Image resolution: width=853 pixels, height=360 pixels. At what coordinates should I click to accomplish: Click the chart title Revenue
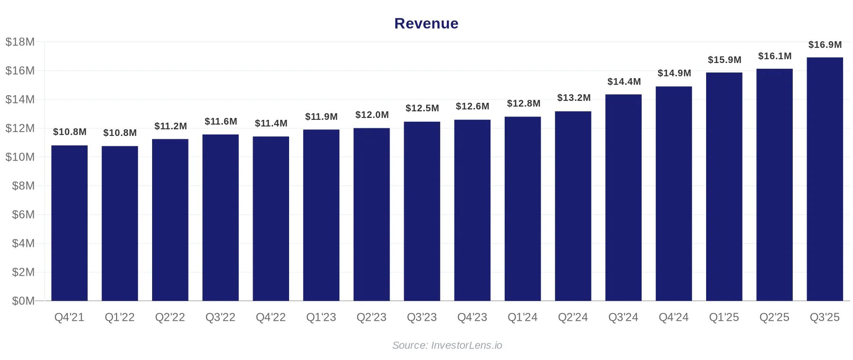click(426, 24)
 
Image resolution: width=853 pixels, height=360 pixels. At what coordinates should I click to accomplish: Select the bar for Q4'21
click(69, 223)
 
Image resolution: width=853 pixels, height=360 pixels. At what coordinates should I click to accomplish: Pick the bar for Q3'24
click(623, 198)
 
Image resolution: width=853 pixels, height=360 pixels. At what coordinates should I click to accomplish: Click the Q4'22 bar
click(271, 218)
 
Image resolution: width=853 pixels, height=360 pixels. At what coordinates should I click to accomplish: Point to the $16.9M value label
click(825, 45)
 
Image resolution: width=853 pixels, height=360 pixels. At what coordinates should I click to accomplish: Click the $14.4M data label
click(624, 82)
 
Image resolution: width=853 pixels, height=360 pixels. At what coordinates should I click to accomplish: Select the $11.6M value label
click(221, 122)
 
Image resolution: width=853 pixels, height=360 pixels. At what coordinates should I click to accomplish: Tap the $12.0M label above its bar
click(372, 115)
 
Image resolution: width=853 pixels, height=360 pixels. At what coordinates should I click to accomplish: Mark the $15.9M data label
click(724, 60)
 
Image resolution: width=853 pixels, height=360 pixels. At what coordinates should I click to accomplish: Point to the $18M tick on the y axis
click(20, 42)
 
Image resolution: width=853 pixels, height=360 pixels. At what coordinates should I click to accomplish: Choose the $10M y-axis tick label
click(20, 157)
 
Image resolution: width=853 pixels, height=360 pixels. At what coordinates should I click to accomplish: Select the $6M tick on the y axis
click(23, 215)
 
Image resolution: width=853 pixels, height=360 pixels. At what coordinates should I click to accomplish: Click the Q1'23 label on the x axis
click(321, 317)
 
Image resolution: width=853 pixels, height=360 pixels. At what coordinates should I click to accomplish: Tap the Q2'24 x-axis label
click(572, 317)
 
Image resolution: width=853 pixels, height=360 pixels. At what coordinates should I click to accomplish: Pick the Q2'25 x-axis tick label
click(774, 317)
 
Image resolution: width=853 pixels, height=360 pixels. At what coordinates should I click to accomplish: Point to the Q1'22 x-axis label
click(119, 317)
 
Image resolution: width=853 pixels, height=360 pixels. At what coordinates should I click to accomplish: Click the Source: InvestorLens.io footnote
click(447, 345)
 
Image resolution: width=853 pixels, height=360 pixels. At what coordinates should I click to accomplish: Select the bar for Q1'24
click(522, 208)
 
